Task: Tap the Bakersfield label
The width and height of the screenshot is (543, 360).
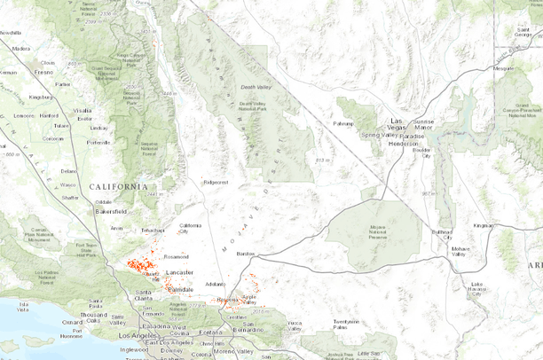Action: click(112, 212)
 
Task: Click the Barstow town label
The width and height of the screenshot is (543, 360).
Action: click(246, 254)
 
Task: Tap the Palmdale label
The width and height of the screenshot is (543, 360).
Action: click(181, 289)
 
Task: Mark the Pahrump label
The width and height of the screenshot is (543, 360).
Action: click(343, 123)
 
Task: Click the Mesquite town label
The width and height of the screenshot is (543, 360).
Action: click(504, 67)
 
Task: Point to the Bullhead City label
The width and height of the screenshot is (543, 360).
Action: click(442, 235)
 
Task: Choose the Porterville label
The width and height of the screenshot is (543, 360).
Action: click(98, 142)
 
